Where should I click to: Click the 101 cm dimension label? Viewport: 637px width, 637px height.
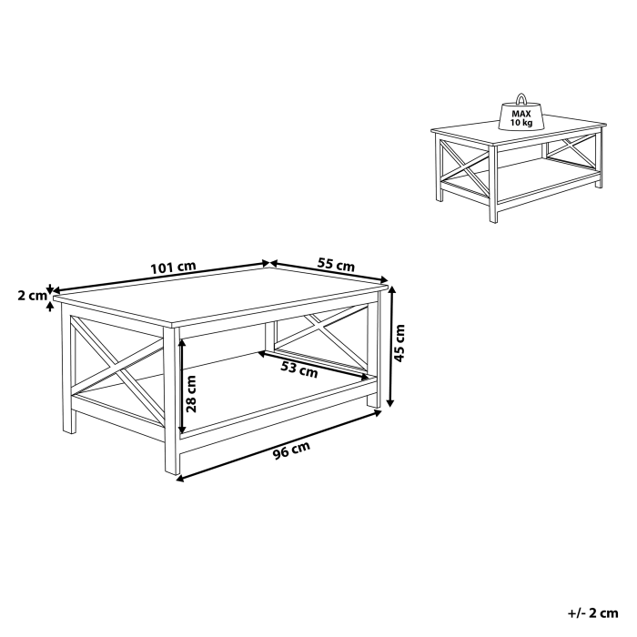click(173, 268)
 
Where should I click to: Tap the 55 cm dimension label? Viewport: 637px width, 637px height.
click(336, 266)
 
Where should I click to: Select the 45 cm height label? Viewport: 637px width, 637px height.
click(401, 343)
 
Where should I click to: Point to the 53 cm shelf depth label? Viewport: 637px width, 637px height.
click(299, 369)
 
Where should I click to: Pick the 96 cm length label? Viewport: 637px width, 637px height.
click(291, 449)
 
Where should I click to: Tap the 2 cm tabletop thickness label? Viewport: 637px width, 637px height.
click(31, 295)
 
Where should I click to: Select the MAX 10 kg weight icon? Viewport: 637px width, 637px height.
click(521, 114)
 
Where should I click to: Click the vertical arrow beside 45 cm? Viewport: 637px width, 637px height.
click(391, 346)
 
